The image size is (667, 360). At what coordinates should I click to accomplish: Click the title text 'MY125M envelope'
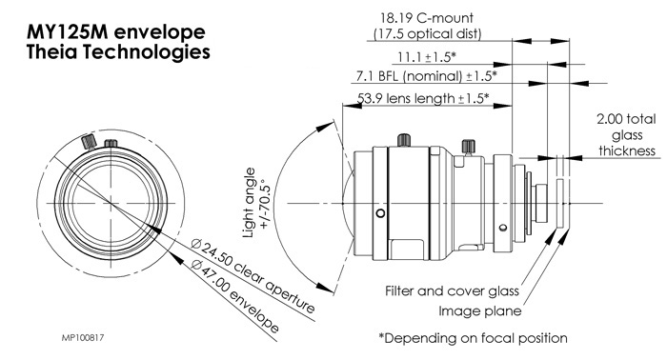[115, 32]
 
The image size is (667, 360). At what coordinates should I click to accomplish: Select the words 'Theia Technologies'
[118, 52]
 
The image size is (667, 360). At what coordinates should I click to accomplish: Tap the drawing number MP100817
[83, 338]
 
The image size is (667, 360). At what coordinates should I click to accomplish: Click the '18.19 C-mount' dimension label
[427, 18]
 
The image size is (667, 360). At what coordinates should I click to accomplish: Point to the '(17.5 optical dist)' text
[427, 33]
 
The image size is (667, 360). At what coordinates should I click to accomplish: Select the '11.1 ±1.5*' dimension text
[427, 56]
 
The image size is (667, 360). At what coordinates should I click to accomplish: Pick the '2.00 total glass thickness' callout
[627, 134]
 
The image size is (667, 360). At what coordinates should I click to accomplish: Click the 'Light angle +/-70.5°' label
[257, 202]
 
